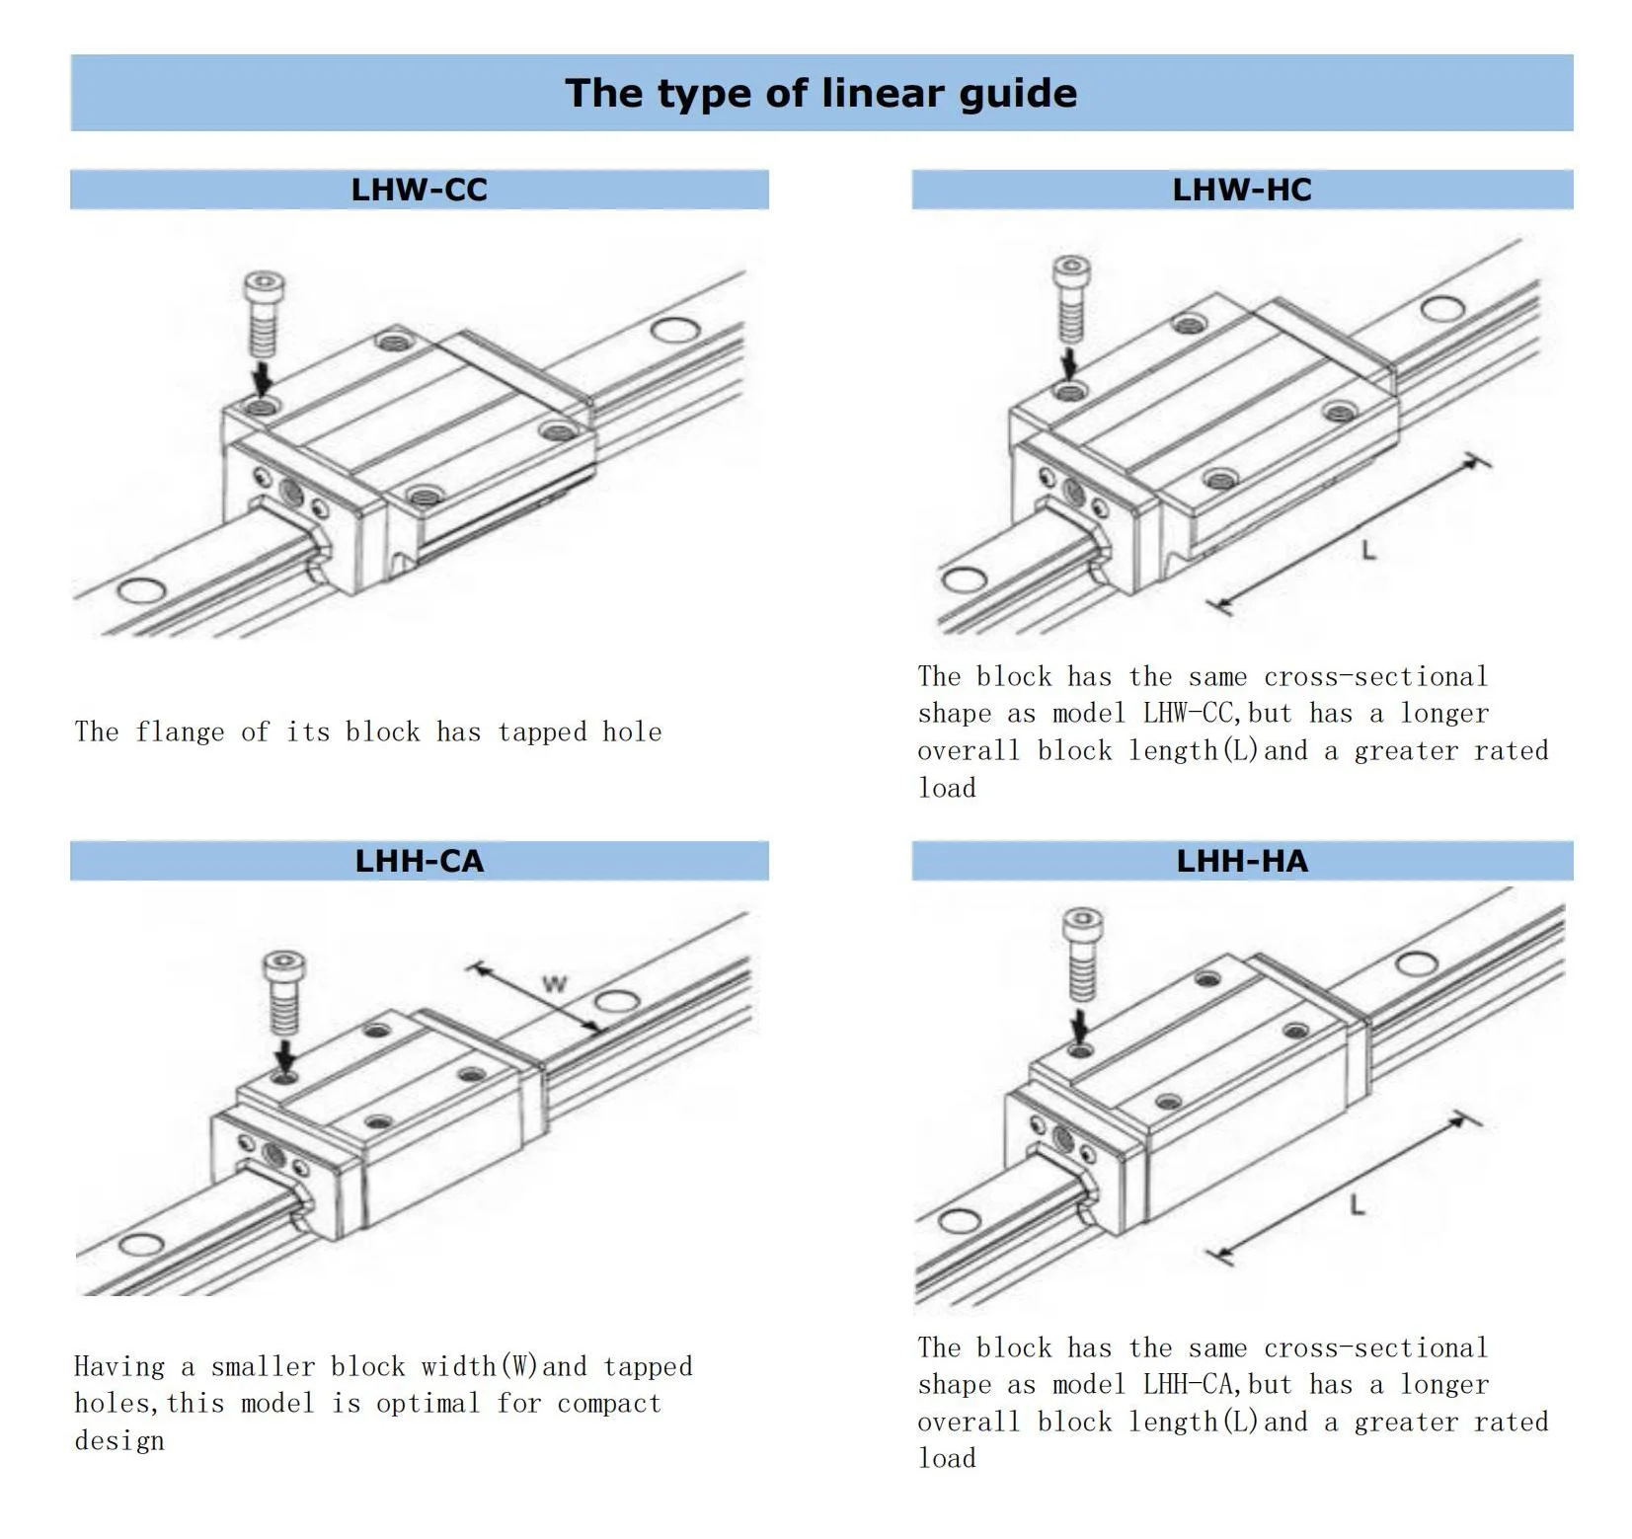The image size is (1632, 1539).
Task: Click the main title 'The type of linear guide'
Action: pos(820,93)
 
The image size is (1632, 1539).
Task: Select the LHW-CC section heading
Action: pos(419,189)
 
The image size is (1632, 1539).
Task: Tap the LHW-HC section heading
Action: pos(1241,189)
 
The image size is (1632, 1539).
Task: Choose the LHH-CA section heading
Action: pos(419,861)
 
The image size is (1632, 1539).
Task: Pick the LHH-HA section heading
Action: pos(1241,861)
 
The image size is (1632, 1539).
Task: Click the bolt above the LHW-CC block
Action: pos(264,314)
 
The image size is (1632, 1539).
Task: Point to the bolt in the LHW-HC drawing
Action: pos(1072,299)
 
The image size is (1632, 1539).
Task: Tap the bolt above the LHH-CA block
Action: pos(284,992)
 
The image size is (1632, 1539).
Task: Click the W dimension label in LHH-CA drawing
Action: pos(556,984)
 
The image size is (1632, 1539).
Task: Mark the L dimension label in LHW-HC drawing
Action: pos(1368,550)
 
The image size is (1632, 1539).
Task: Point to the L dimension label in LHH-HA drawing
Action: pos(1358,1204)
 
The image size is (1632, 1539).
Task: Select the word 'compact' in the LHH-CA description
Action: pos(608,1404)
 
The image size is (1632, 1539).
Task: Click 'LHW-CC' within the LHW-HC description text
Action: pos(1188,714)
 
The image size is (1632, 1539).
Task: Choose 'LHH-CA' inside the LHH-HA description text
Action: pos(1188,1385)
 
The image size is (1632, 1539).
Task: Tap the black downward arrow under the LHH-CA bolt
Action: pos(285,1055)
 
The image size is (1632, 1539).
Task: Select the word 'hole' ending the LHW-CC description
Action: pos(632,731)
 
